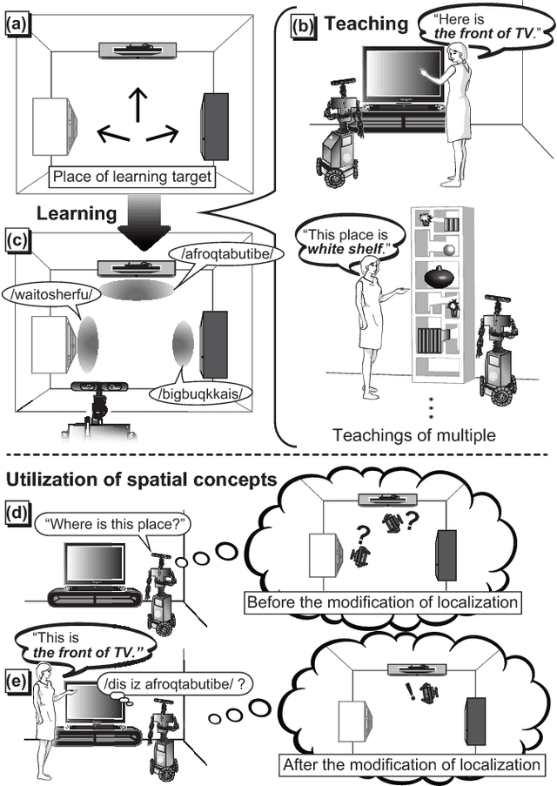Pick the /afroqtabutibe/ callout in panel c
coord(229,253)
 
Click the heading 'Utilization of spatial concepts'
coord(142,478)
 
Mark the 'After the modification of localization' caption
coord(410,765)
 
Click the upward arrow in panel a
coord(136,102)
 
